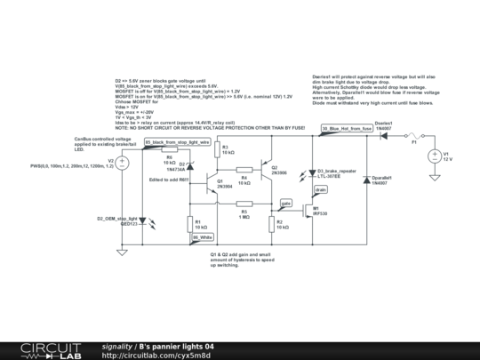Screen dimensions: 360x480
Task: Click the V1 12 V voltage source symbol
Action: (x=436, y=157)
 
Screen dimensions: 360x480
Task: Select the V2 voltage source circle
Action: (x=123, y=162)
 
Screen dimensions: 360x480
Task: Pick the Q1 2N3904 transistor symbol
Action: (x=212, y=183)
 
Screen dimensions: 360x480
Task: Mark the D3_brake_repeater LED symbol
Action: (x=310, y=172)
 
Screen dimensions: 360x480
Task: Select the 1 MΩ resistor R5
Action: (x=246, y=204)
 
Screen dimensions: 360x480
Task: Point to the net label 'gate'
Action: (x=286, y=203)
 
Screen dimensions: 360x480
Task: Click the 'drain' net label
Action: (x=321, y=189)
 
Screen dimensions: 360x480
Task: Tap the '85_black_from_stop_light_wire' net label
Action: (x=177, y=141)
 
